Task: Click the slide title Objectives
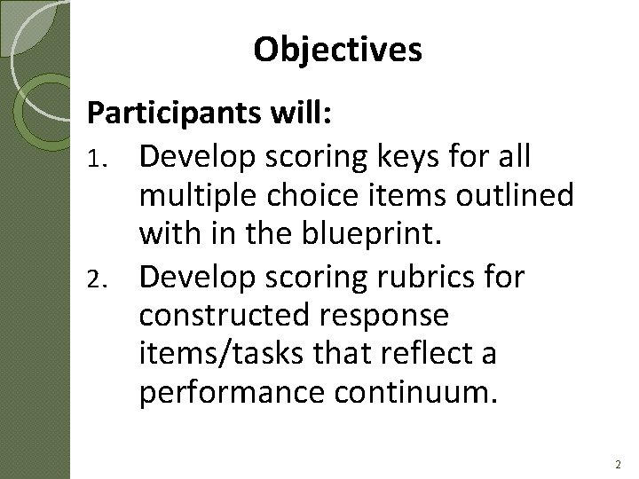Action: point(337,51)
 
